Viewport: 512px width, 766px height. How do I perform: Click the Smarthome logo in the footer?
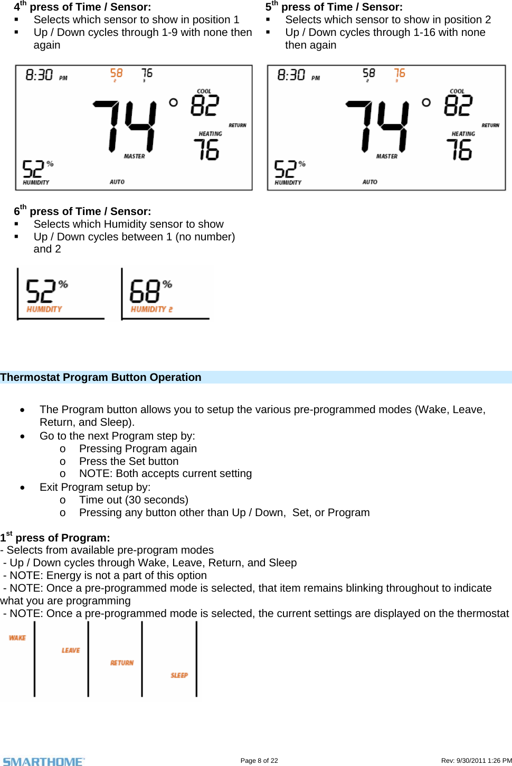(43, 761)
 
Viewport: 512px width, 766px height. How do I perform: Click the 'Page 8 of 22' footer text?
(259, 761)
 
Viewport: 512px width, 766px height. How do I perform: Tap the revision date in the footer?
(476, 761)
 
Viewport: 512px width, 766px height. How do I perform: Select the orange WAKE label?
(17, 638)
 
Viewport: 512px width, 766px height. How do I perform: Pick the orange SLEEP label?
(179, 675)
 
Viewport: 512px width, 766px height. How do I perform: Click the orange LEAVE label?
(71, 650)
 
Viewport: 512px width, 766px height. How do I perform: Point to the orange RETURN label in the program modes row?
(122, 662)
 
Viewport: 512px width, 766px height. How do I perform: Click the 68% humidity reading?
(145, 291)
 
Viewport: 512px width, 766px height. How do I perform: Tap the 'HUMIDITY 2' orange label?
(151, 309)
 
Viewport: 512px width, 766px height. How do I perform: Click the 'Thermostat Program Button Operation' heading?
(101, 377)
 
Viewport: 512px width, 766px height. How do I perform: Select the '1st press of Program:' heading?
(55, 538)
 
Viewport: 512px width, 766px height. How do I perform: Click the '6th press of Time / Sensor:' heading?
(82, 211)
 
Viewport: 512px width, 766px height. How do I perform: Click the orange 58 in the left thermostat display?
(116, 73)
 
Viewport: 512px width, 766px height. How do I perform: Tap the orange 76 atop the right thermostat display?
(400, 73)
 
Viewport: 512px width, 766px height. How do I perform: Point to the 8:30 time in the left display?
(40, 75)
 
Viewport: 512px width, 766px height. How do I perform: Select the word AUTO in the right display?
(369, 182)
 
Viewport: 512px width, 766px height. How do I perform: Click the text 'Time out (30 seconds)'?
(134, 500)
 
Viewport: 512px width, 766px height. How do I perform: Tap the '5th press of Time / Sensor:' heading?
(334, 7)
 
